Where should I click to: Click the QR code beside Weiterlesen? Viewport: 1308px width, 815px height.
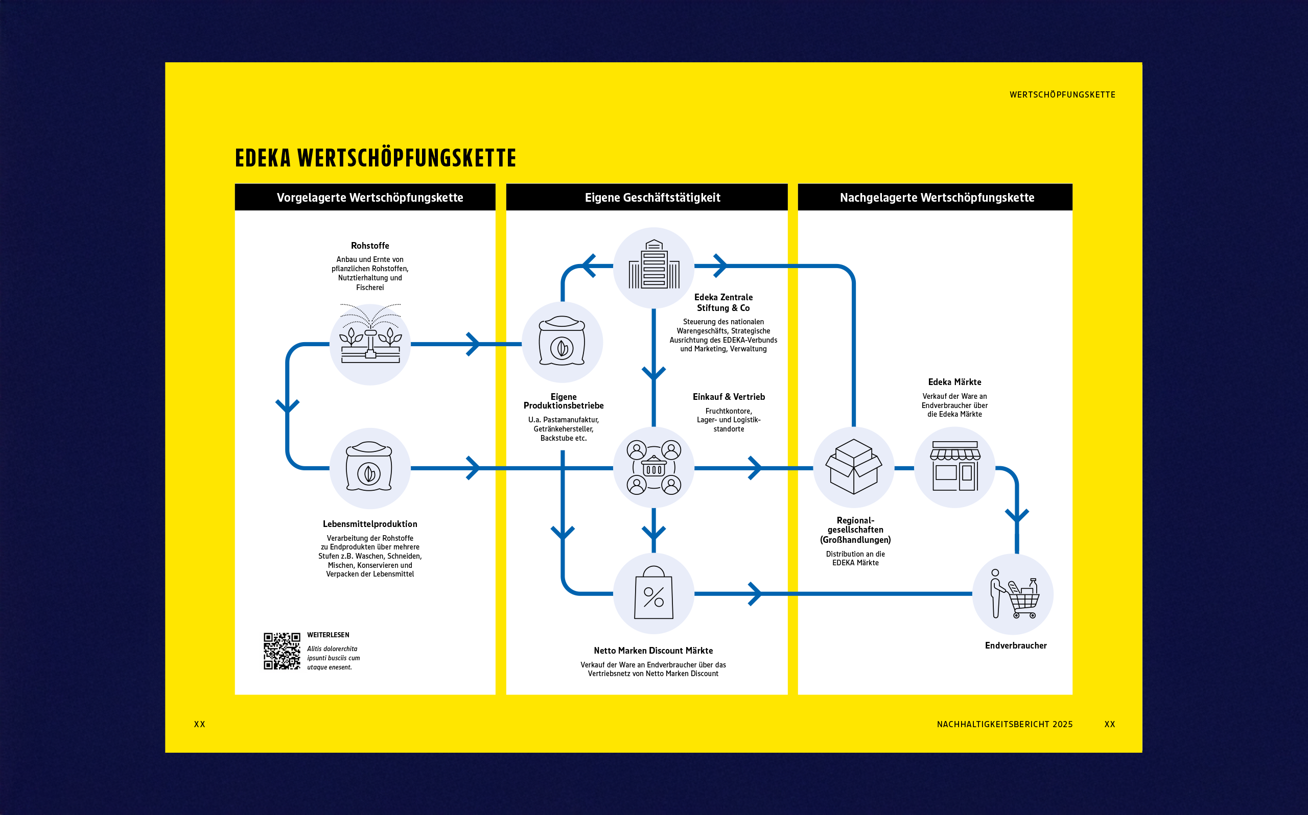[x=282, y=651]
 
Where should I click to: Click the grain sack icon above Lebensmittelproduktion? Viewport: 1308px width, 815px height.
[x=369, y=468]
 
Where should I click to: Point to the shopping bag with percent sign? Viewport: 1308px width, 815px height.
[x=653, y=593]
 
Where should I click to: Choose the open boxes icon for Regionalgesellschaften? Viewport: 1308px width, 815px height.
[x=853, y=467]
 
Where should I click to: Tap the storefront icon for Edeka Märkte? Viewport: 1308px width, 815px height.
[x=954, y=467]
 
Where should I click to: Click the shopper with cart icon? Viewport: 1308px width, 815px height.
[x=1013, y=594]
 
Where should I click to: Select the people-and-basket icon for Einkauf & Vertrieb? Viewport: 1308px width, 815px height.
[x=653, y=467]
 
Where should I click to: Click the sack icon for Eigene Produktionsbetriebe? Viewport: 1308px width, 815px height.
[x=562, y=342]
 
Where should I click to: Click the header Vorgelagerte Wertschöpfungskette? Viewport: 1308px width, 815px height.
[x=370, y=197]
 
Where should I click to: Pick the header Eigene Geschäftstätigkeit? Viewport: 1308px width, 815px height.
[x=652, y=197]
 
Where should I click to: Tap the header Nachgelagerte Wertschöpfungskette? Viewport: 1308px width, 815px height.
[x=937, y=197]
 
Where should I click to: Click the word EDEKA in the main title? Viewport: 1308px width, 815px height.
[x=263, y=158]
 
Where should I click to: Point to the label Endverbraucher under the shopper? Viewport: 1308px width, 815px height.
[x=1015, y=645]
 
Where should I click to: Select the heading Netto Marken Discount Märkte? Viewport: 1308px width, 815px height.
[x=653, y=651]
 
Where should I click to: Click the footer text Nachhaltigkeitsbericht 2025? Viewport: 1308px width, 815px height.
[x=1004, y=724]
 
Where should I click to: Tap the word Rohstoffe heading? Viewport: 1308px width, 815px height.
[x=370, y=246]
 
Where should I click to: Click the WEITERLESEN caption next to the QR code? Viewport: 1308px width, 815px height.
[x=328, y=635]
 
